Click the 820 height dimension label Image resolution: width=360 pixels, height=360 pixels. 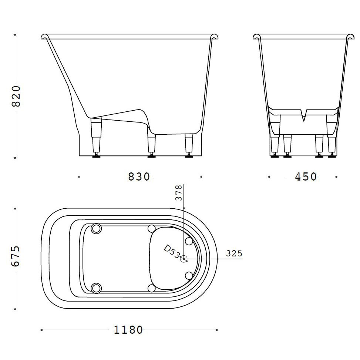16,96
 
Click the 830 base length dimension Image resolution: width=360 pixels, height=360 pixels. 139,177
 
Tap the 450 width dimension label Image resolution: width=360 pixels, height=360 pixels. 306,177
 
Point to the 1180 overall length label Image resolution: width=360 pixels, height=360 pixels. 128,330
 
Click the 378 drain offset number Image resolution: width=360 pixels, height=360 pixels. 179,193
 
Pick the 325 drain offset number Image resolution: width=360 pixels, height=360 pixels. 234,253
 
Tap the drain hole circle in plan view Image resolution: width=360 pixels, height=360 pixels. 184,259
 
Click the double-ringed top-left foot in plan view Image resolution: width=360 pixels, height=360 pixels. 96,229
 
